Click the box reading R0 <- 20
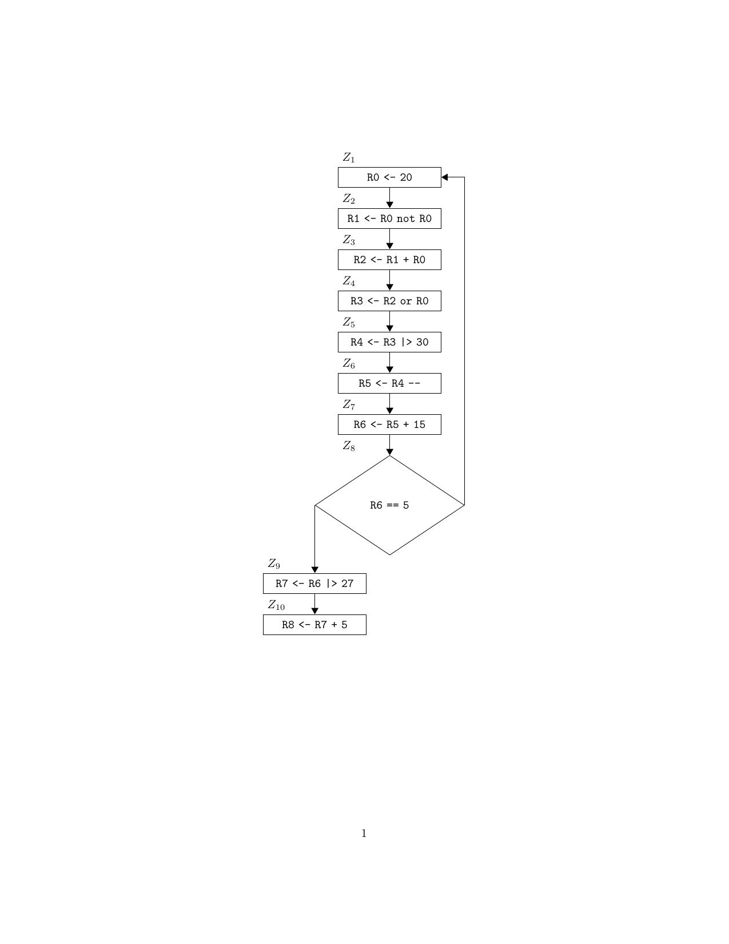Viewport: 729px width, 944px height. tap(389, 177)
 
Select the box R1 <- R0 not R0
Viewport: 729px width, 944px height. tap(389, 219)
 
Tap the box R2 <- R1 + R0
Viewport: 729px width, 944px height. tap(389, 260)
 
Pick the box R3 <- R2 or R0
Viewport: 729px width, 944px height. tap(389, 301)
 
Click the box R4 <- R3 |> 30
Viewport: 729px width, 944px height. tap(389, 342)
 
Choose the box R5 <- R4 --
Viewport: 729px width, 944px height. tap(389, 383)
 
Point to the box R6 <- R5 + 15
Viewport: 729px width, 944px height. tap(389, 425)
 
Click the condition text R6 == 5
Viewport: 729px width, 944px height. tap(389, 505)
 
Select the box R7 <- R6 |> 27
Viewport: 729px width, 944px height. tap(314, 584)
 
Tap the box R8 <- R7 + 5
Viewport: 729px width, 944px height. tap(314, 625)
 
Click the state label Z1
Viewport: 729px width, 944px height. tap(349, 157)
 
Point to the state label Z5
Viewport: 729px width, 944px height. tap(349, 323)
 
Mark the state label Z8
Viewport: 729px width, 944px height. tap(349, 446)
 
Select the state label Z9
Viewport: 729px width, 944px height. tap(274, 564)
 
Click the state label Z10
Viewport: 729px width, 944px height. tap(276, 605)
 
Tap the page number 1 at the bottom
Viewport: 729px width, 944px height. tap(364, 834)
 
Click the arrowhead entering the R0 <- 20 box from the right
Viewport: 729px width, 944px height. tap(445, 177)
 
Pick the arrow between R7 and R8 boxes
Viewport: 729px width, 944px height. tap(314, 604)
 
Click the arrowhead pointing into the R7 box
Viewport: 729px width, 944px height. tap(314, 570)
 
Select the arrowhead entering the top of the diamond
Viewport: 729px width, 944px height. tap(389, 452)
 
